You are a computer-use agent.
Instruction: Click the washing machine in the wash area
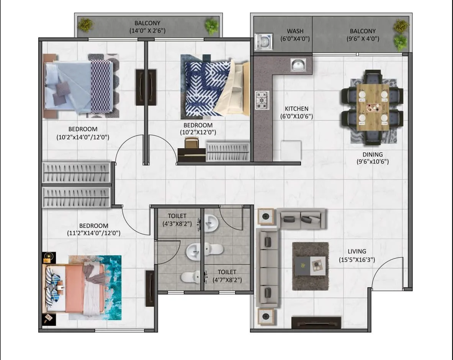(263, 42)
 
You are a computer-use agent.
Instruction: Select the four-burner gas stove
(262, 100)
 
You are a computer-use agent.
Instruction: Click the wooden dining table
(372, 107)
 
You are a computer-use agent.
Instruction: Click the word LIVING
(357, 252)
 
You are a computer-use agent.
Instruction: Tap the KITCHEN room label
(296, 109)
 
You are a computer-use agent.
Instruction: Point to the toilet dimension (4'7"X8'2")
(227, 280)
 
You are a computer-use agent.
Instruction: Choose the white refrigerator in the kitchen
(291, 151)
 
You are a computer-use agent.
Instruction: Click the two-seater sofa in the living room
(301, 219)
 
